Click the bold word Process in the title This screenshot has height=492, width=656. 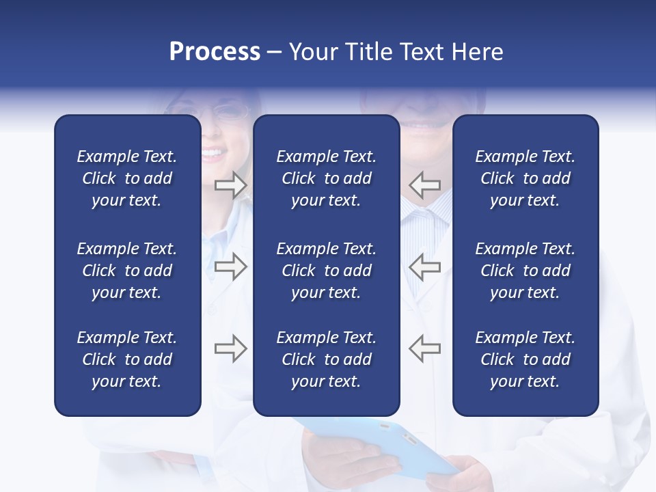click(x=215, y=52)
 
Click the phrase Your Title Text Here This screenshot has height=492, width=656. click(x=396, y=52)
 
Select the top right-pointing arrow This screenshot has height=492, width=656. click(x=231, y=185)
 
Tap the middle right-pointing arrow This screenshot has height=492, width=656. click(x=231, y=266)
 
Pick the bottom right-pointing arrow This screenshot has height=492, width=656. click(x=231, y=348)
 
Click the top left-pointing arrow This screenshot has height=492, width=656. click(x=424, y=185)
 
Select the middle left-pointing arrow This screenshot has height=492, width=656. click(x=424, y=266)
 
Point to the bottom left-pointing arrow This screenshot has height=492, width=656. click(x=424, y=348)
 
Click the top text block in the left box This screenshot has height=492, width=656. click(x=127, y=178)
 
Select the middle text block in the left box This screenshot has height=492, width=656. click(x=127, y=271)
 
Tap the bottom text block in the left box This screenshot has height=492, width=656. click(x=127, y=359)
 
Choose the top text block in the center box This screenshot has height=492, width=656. click(x=326, y=178)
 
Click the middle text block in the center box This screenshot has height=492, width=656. click(x=326, y=271)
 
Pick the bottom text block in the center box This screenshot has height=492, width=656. click(x=326, y=359)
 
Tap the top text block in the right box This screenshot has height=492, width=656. click(x=525, y=178)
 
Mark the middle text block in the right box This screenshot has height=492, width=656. click(x=525, y=271)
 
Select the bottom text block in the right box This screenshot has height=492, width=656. click(x=525, y=359)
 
